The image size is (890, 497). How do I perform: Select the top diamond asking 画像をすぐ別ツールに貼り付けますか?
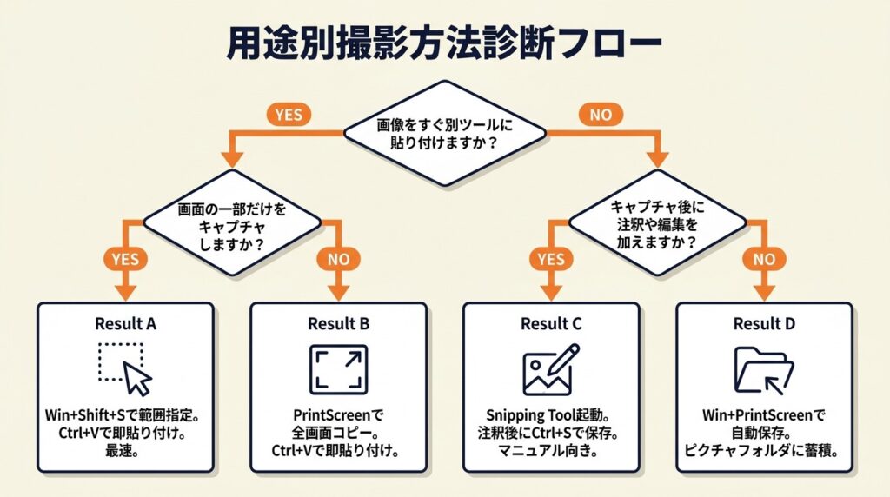tap(445, 133)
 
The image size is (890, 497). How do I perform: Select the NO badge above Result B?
tap(339, 259)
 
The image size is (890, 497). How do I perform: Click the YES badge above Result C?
tap(552, 259)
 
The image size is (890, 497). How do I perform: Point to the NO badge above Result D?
tap(765, 259)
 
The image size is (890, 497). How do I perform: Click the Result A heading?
tap(126, 324)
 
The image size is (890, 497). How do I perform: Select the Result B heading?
tap(339, 324)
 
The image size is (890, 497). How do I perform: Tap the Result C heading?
tap(552, 324)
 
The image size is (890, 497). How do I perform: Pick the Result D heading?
tap(765, 324)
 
